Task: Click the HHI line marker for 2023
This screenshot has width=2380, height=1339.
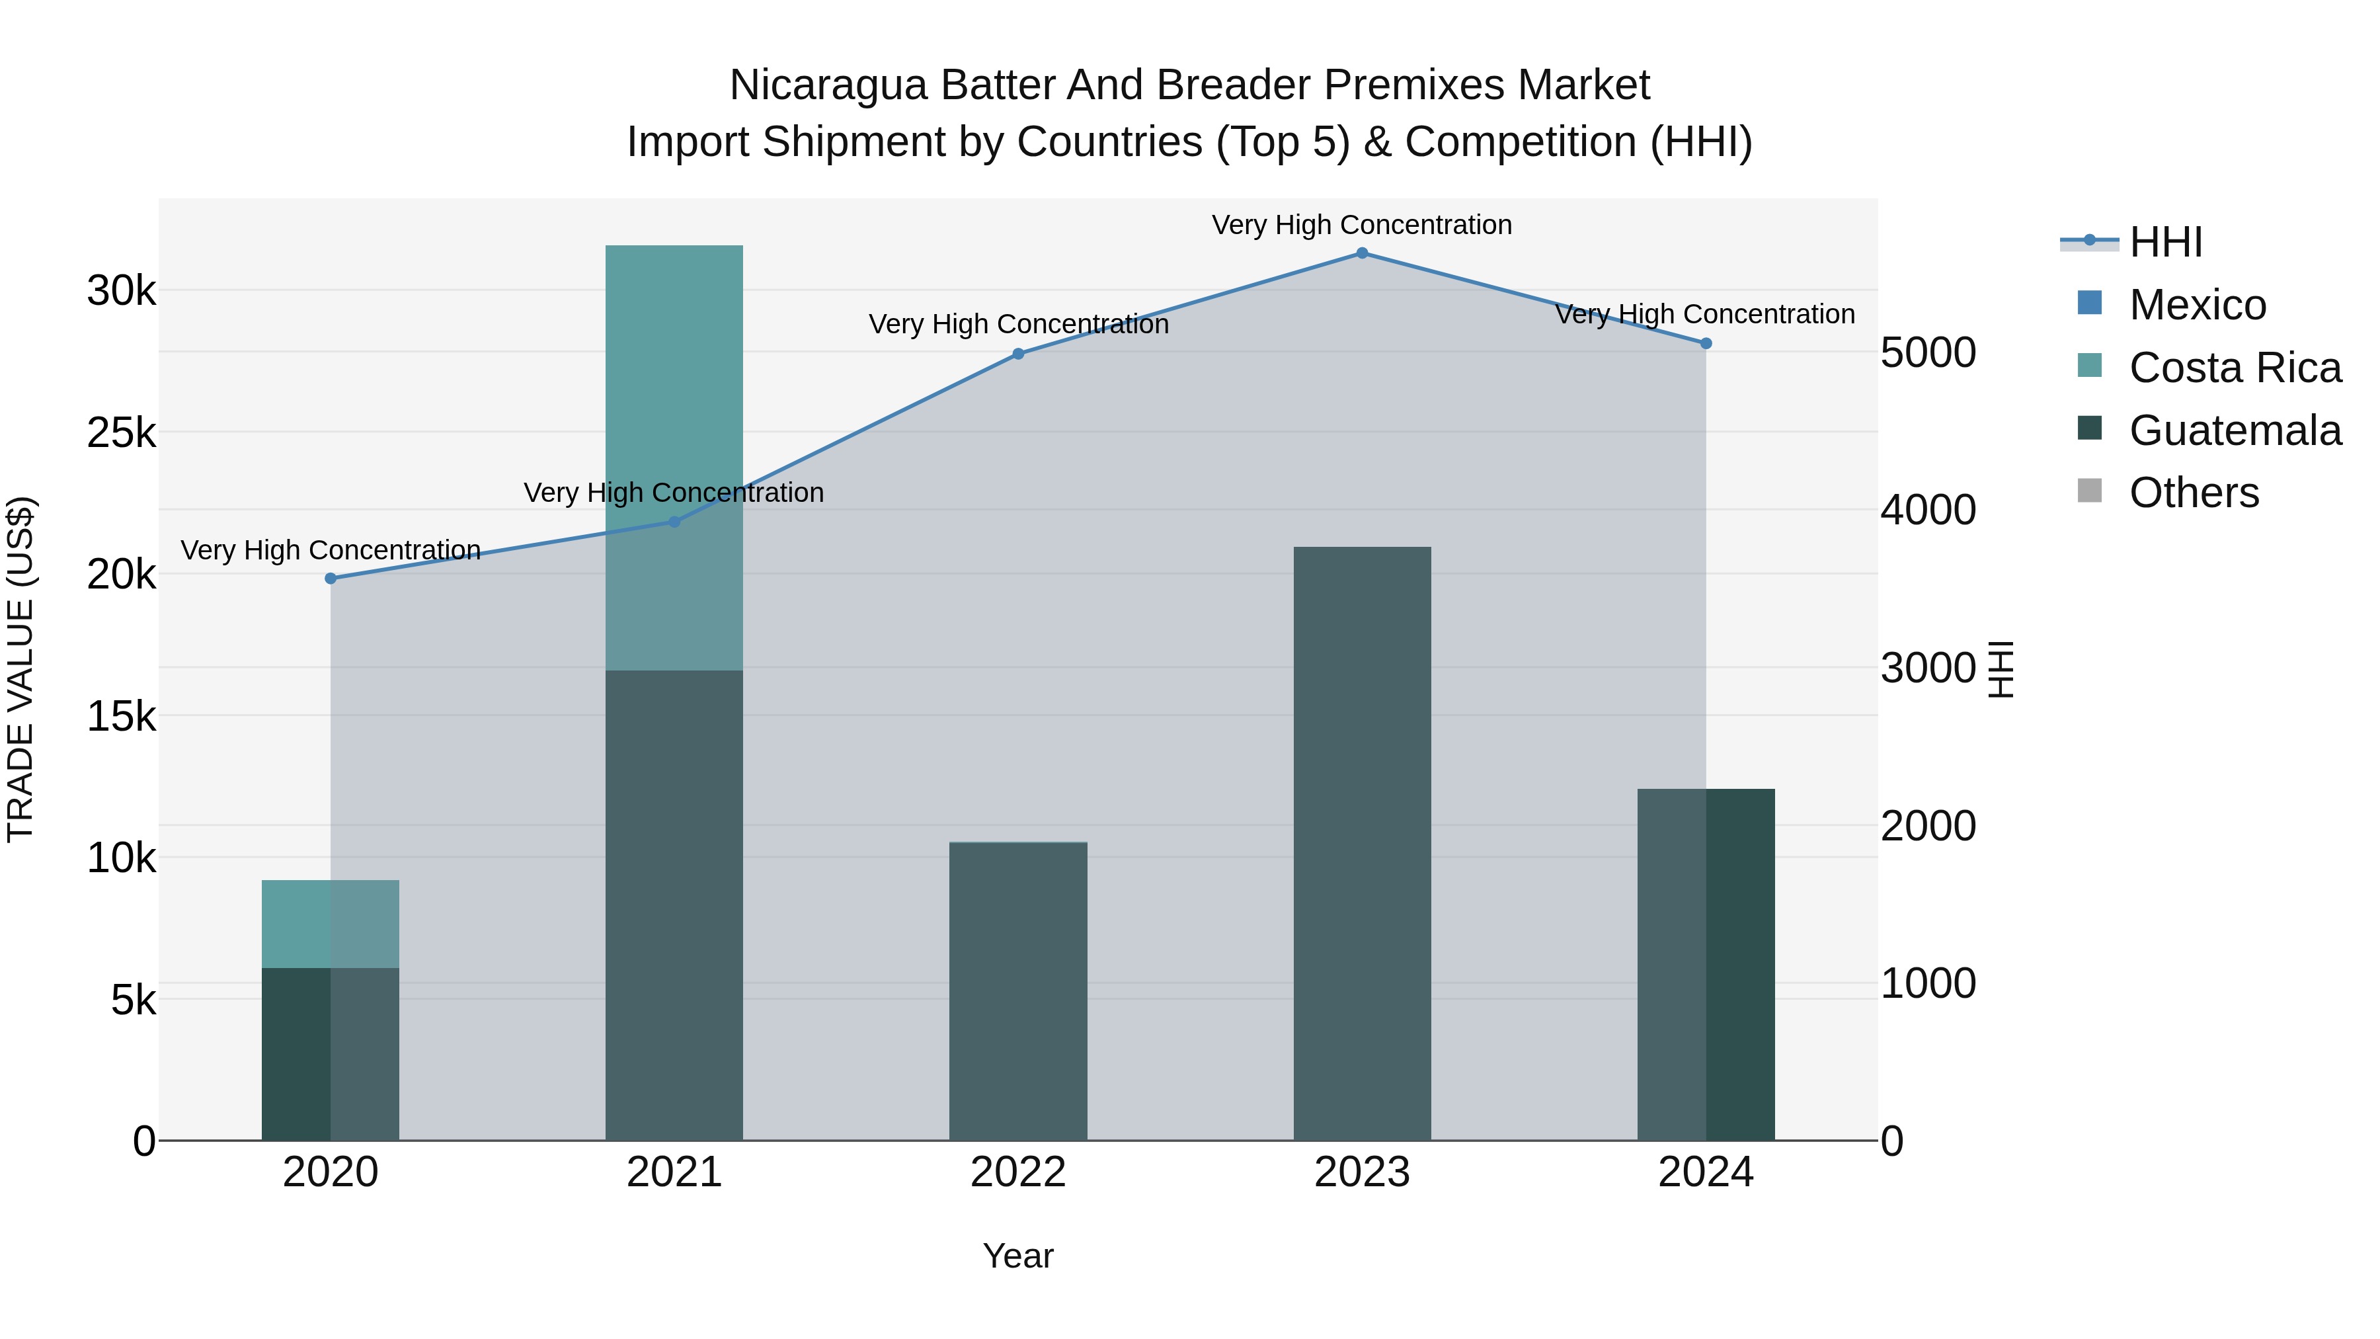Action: tap(1362, 253)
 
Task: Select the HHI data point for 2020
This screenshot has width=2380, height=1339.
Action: tap(331, 579)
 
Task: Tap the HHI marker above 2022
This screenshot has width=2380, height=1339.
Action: tap(1018, 354)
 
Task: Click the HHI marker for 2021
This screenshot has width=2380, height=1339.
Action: tap(674, 522)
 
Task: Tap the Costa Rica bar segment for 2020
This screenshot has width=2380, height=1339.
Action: tap(331, 924)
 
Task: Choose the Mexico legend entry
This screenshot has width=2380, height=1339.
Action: tap(2197, 305)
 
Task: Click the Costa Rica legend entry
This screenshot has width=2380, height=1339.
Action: tap(2234, 368)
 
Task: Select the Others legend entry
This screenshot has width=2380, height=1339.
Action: tap(2194, 493)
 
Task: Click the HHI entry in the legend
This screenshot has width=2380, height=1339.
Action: tap(2164, 242)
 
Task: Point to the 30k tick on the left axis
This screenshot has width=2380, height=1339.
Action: tap(121, 291)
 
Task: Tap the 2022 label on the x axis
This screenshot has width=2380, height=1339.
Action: tap(1018, 1172)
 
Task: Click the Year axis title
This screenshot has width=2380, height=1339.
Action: tap(1018, 1256)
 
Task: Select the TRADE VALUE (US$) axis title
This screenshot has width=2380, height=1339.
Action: tap(20, 669)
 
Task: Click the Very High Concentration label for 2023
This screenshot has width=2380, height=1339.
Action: tap(1362, 225)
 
